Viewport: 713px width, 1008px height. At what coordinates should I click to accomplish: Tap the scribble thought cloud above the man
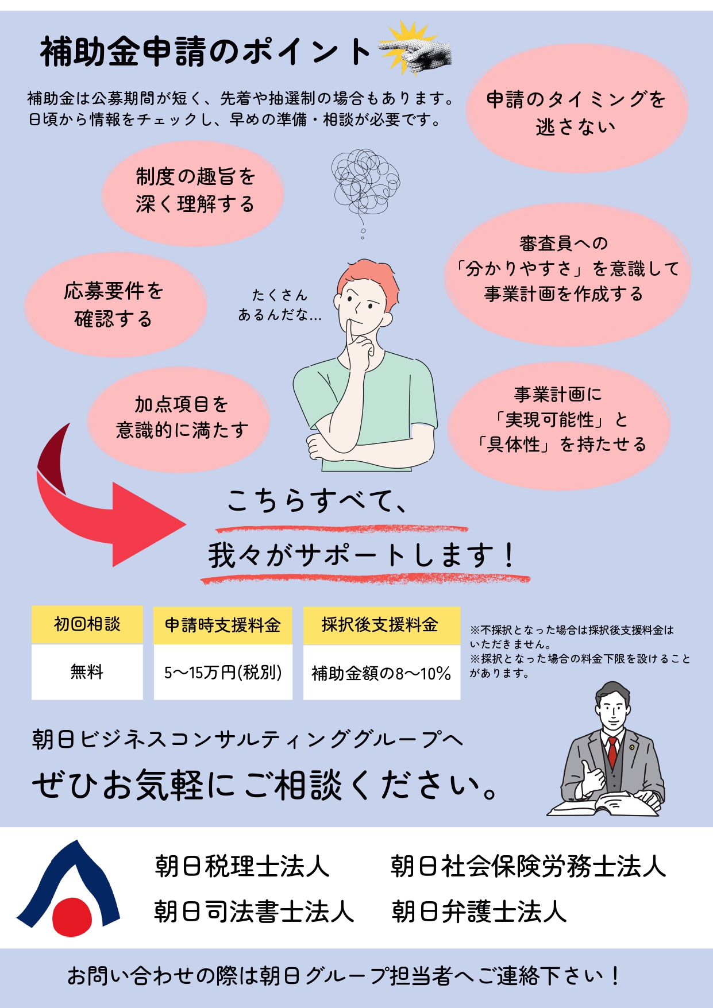coord(365,181)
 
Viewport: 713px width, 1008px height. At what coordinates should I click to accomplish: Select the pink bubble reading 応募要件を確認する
coord(114,304)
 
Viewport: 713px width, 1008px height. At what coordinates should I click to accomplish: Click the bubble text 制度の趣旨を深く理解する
coord(195,190)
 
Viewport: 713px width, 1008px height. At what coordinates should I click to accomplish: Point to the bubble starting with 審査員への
coord(566,269)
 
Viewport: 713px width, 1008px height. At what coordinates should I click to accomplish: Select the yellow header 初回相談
coord(87,624)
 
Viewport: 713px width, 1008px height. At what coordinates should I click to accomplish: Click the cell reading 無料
coord(87,671)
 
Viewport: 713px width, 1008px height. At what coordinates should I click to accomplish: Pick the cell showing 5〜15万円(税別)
coord(223,672)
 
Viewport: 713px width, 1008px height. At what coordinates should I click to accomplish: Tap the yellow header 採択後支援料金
coord(380,625)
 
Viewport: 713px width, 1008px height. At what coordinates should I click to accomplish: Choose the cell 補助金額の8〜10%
coord(381,673)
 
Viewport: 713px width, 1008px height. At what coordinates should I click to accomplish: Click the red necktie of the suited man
coord(612,750)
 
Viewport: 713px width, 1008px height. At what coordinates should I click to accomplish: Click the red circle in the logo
coord(72,917)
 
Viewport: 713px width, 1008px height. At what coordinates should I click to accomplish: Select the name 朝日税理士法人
coord(242,866)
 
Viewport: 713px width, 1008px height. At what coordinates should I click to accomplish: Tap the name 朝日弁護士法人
coord(479,912)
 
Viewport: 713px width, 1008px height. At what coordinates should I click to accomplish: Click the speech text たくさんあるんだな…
coord(280,305)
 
